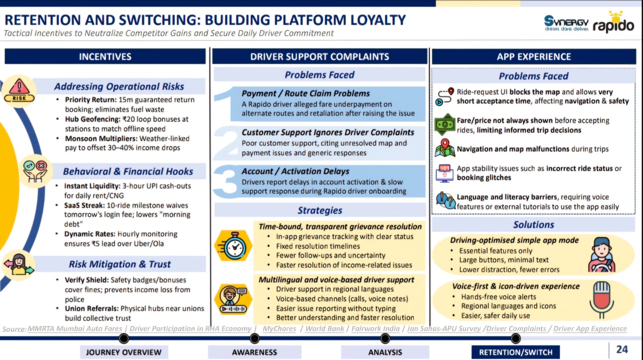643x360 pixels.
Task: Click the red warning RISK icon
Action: (x=19, y=90)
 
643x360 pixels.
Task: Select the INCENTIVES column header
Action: (x=105, y=57)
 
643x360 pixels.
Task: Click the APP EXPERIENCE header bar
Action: (x=534, y=57)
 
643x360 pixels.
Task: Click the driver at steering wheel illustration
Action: (x=602, y=255)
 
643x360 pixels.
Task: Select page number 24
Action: (x=622, y=350)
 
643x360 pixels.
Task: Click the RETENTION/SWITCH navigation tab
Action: (x=516, y=352)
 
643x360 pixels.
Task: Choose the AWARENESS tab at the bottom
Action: (x=254, y=352)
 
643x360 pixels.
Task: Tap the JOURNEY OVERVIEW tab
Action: (x=124, y=352)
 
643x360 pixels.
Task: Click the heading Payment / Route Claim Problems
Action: (x=305, y=94)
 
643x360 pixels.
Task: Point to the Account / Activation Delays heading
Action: (x=295, y=172)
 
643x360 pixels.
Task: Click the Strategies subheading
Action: (x=320, y=211)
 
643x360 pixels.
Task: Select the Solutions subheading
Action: (x=533, y=225)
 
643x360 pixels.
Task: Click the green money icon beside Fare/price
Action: (x=444, y=125)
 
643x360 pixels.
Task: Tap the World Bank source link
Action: (x=325, y=329)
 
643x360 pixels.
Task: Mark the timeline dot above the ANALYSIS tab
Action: (x=385, y=339)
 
